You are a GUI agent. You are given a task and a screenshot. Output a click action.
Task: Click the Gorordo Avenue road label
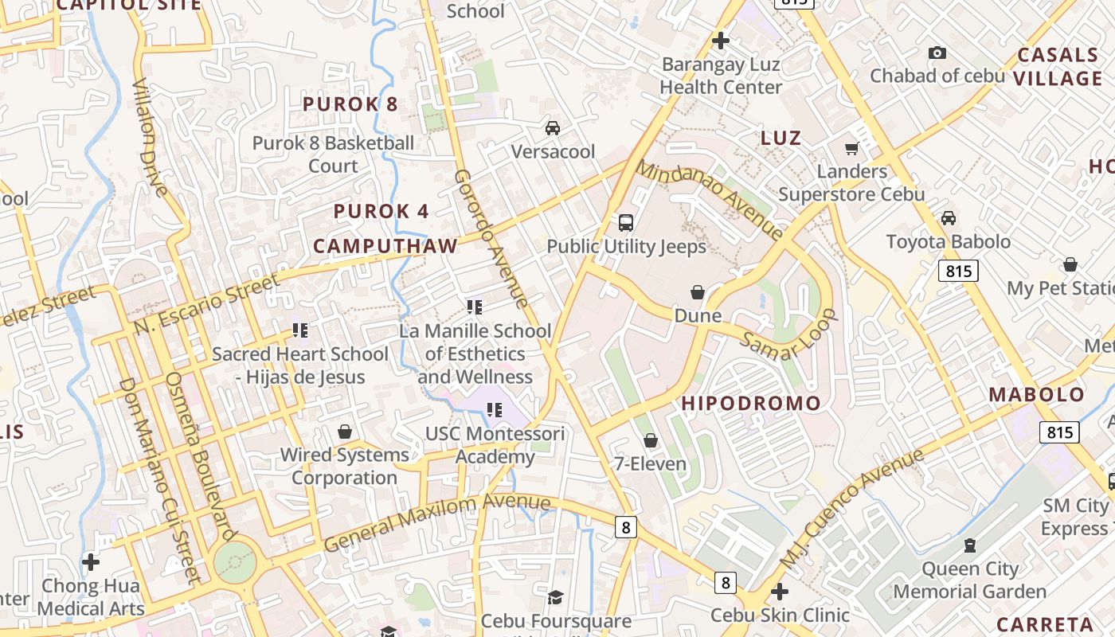coord(491,238)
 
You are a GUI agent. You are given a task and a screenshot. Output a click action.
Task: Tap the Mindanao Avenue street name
coord(710,200)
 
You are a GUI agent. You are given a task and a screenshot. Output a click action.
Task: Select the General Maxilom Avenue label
coord(437,521)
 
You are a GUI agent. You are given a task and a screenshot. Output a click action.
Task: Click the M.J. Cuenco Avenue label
coord(853,508)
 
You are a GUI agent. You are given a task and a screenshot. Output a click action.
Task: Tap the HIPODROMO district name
coord(751,403)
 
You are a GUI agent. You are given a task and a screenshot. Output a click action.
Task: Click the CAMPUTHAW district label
coord(385,246)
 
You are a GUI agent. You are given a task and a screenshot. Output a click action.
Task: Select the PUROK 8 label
coord(350,104)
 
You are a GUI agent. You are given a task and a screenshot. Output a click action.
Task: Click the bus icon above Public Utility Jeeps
coord(626,222)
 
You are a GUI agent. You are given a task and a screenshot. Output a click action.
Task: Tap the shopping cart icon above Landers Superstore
coord(851,149)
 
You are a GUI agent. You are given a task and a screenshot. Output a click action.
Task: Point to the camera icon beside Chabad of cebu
coord(937,53)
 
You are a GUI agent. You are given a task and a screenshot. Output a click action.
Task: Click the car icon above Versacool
coord(552,127)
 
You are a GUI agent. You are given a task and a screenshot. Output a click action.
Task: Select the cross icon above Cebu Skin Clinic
coord(780,592)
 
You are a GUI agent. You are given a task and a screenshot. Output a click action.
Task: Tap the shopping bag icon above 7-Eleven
coord(651,440)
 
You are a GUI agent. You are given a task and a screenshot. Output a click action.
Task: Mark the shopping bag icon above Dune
coord(698,292)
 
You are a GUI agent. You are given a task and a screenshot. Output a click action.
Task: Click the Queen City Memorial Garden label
coord(969,580)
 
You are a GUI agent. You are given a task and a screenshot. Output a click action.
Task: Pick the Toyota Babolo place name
coord(949,241)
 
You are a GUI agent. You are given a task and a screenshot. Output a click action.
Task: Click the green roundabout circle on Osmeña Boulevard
coord(235,562)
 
